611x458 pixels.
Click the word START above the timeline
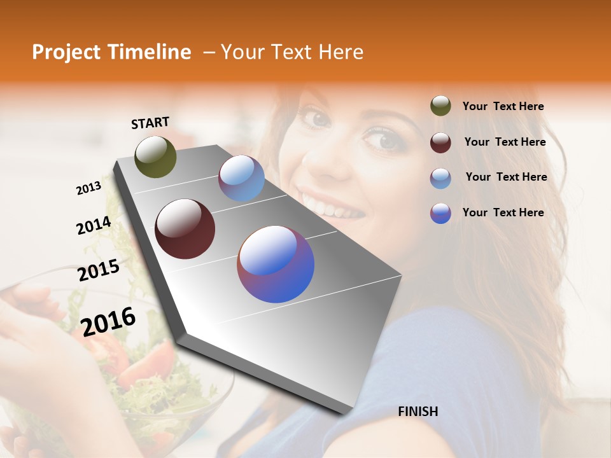pos(150,123)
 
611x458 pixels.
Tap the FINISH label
pos(418,412)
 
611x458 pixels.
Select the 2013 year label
pos(88,188)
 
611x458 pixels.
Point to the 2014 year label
pos(94,226)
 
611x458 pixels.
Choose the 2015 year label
pos(99,270)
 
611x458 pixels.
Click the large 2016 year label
pos(108,321)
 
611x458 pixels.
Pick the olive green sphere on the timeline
pos(156,157)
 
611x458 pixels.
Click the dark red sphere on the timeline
pos(185,229)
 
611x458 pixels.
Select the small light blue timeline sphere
pos(241,179)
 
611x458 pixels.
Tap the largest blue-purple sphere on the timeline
pos(276,264)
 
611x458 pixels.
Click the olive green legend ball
pos(440,106)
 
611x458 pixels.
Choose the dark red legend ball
pos(440,142)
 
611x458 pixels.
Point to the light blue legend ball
pos(440,178)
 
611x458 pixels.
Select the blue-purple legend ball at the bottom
pos(440,213)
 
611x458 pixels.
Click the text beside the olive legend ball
pos(503,107)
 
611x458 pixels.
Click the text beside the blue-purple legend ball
pos(503,212)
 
